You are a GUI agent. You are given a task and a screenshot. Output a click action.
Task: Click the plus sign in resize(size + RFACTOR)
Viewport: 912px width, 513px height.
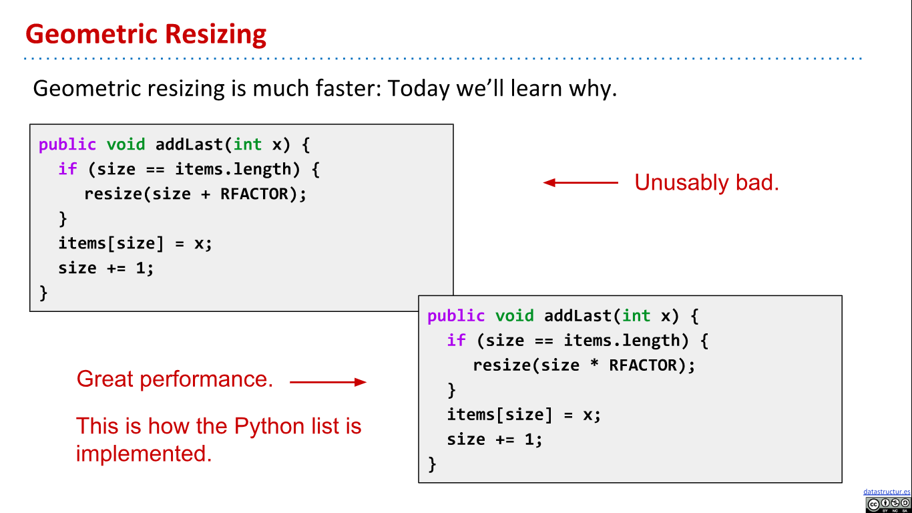click(x=206, y=194)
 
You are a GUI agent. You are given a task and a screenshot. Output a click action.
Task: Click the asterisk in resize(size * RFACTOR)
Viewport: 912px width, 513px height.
click(x=594, y=364)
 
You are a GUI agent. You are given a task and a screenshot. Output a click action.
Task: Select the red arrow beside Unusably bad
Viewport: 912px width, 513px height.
click(x=581, y=182)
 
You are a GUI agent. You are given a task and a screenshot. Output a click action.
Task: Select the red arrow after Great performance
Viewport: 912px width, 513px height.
click(x=328, y=382)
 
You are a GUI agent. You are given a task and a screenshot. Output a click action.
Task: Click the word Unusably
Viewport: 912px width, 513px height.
click(x=682, y=184)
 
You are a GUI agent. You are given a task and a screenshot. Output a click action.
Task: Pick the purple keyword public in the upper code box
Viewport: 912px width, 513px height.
click(x=67, y=146)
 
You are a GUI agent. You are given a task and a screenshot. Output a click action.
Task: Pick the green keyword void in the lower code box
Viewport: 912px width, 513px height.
click(x=514, y=316)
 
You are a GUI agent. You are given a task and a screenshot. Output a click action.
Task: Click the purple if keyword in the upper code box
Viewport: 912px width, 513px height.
click(x=67, y=169)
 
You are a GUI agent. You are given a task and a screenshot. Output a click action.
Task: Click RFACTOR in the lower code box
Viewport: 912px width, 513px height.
click(x=642, y=365)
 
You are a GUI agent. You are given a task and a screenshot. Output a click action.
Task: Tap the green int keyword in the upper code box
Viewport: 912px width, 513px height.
click(x=248, y=145)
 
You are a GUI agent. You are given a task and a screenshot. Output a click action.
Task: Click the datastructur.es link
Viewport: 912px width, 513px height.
click(x=887, y=492)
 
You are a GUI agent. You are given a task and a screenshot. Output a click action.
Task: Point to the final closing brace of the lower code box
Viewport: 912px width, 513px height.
click(x=432, y=464)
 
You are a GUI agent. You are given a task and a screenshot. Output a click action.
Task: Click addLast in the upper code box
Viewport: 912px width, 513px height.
click(x=189, y=145)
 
